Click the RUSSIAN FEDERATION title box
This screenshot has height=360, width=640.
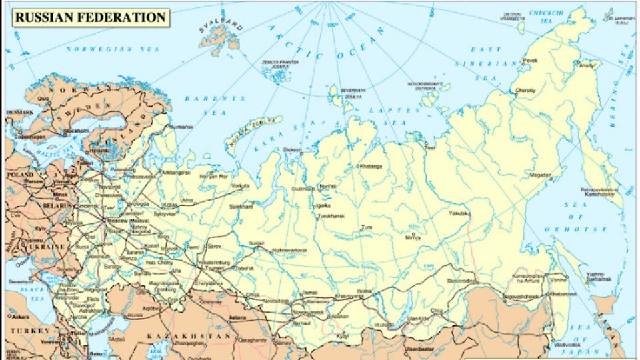point(90,17)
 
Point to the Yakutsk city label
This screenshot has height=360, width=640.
point(458,213)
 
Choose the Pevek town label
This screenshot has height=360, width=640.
point(529,60)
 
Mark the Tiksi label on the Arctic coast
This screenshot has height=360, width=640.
point(431,147)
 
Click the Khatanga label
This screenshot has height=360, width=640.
point(372,165)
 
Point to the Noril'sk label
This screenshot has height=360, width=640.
point(329,186)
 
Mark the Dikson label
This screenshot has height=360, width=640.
point(292,149)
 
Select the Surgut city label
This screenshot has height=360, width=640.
point(257,243)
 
